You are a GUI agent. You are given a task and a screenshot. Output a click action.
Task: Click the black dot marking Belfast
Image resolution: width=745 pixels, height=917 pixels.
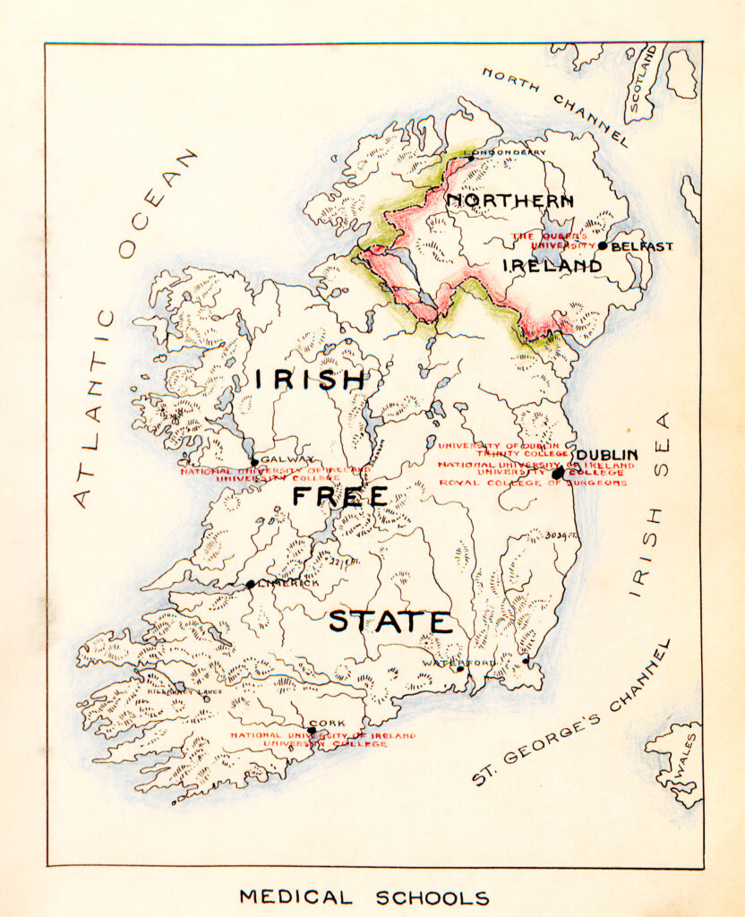pos(603,246)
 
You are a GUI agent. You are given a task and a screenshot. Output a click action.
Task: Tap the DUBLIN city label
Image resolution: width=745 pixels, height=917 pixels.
pos(607,455)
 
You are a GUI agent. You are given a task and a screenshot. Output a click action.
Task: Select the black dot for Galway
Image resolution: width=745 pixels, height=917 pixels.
pos(254,463)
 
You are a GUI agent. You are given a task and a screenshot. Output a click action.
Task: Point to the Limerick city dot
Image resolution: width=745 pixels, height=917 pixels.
pos(251,584)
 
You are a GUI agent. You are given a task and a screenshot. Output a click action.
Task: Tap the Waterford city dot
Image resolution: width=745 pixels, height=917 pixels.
pos(459,668)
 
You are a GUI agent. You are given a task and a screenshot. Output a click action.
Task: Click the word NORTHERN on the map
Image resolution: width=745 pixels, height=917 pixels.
pos(510,201)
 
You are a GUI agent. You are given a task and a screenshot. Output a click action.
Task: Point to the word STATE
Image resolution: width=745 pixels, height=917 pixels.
pos(390,621)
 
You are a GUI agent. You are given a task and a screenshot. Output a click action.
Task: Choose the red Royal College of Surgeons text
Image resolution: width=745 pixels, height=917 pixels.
pos(532,483)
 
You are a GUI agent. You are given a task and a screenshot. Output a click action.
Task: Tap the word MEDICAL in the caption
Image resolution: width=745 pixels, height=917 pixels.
pos(295,897)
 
